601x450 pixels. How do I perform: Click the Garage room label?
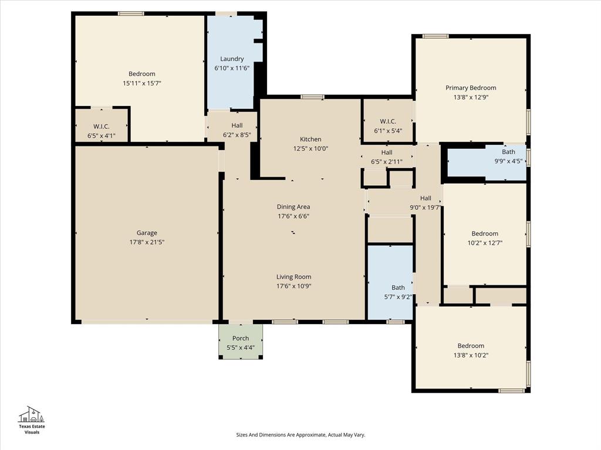click(x=147, y=233)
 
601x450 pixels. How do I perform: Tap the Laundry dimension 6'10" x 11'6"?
click(x=232, y=68)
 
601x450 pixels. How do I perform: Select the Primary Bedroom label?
click(x=470, y=88)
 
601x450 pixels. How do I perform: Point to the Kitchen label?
click(x=310, y=139)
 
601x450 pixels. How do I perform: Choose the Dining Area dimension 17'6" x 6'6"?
click(x=293, y=216)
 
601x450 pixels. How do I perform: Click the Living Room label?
click(x=293, y=277)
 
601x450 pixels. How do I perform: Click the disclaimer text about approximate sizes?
click(x=300, y=435)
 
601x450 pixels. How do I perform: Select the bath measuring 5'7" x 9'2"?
click(x=398, y=291)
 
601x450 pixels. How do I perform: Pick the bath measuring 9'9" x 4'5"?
click(x=508, y=156)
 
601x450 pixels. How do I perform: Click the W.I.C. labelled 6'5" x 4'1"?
click(x=102, y=131)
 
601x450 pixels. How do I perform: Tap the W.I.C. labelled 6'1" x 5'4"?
click(x=388, y=126)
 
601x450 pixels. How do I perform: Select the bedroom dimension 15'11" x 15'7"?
click(x=142, y=83)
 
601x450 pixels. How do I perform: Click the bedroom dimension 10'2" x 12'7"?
click(x=485, y=243)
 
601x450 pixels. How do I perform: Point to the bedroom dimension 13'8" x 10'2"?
click(x=471, y=355)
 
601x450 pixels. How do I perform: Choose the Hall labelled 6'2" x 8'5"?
click(x=237, y=129)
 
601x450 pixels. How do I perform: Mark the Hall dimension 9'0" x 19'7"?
click(x=426, y=207)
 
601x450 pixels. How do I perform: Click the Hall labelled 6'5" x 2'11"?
click(x=386, y=156)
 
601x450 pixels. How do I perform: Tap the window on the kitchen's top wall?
click(x=312, y=97)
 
